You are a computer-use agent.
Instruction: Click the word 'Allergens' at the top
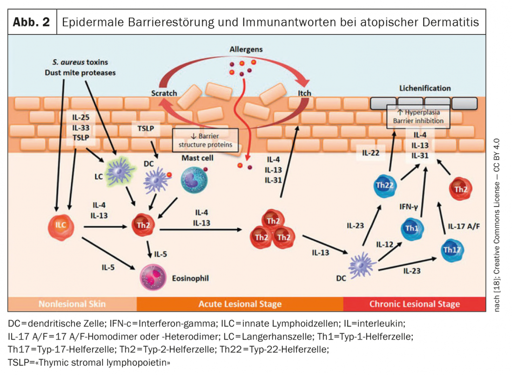pos(246,49)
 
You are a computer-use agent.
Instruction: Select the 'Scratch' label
pos(164,93)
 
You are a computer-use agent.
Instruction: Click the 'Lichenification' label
pos(425,88)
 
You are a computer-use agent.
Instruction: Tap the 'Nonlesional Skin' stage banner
pos(72,304)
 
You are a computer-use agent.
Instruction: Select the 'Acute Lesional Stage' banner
pos(240,304)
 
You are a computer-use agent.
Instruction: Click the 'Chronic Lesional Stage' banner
pos(414,304)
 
